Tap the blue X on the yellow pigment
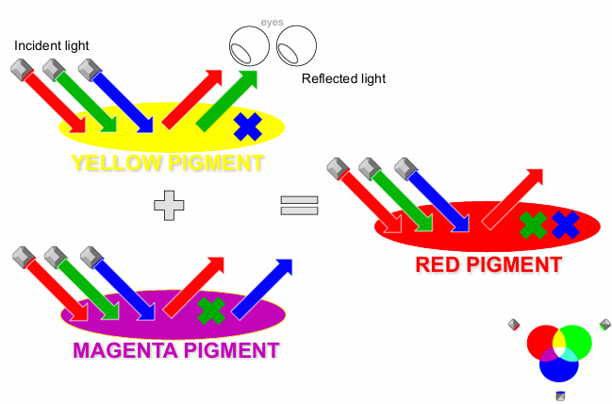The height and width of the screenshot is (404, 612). (248, 126)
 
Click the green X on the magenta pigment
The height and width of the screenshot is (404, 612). (211, 309)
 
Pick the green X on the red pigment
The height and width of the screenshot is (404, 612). (534, 225)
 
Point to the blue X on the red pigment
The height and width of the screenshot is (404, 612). (564, 225)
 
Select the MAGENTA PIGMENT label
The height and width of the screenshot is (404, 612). (175, 351)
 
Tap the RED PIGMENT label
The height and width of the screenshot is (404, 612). (488, 264)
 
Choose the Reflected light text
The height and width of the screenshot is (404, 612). (343, 79)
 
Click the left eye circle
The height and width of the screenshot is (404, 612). (250, 44)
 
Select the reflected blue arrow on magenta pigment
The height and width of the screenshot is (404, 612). (264, 287)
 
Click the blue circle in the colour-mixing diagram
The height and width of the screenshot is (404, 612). (559, 364)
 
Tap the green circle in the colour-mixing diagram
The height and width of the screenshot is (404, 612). (576, 339)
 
